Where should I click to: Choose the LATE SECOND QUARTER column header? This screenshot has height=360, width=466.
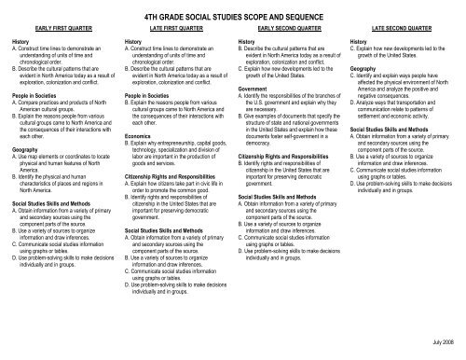[401, 29]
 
